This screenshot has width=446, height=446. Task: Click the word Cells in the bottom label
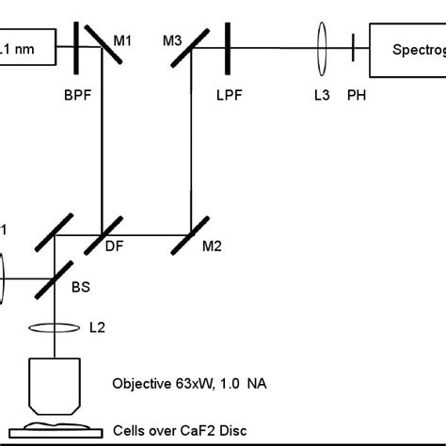[130, 431]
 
